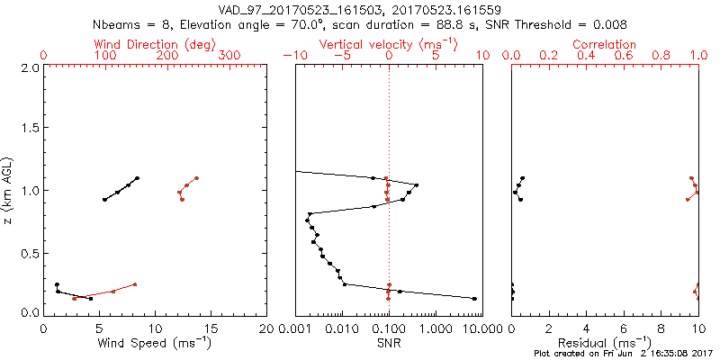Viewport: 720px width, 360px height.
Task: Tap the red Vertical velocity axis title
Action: coord(388,44)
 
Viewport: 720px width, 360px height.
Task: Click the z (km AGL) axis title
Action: coord(10,190)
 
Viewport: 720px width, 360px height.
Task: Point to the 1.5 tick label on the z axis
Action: coord(30,129)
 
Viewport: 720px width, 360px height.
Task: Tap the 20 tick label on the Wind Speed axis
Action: coord(266,328)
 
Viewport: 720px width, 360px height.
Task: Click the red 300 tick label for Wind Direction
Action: coord(229,55)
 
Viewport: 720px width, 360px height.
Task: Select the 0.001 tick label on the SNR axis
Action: coord(296,328)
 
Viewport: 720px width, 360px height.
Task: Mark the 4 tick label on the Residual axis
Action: coord(587,328)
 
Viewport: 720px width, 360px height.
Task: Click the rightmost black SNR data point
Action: coord(474,299)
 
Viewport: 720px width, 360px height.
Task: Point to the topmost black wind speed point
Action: coord(137,178)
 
